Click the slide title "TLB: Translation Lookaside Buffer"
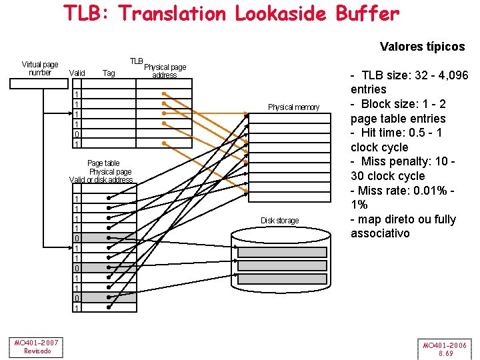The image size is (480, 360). (x=231, y=13)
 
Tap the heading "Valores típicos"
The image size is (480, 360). (x=422, y=47)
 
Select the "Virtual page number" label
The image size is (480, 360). (x=40, y=69)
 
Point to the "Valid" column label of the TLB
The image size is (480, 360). (x=77, y=73)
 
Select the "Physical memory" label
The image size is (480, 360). (x=293, y=107)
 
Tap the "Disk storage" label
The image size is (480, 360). (x=280, y=221)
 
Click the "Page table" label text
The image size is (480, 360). (x=103, y=163)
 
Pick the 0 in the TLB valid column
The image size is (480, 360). (x=77, y=133)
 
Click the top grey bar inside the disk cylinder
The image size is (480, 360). (x=283, y=253)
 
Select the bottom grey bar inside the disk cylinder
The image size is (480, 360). (x=283, y=279)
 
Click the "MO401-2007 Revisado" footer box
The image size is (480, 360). (x=37, y=347)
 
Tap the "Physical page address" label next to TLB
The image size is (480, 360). (x=165, y=71)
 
